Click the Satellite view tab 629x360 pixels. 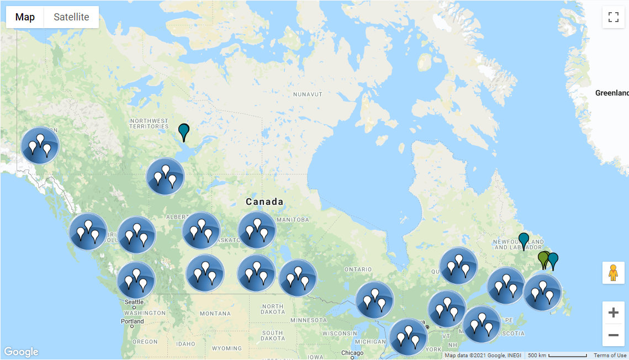[71, 17]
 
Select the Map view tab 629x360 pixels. [25, 17]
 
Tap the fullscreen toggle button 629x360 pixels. [613, 17]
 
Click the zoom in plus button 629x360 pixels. [613, 313]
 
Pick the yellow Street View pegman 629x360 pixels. [613, 273]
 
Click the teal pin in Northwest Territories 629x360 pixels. [184, 131]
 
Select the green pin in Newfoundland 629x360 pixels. [543, 258]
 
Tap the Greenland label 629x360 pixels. [612, 93]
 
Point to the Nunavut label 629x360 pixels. [308, 94]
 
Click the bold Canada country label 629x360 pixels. [265, 202]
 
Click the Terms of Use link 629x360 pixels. [610, 355]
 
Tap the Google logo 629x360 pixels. [21, 352]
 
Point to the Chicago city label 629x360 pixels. [352, 353]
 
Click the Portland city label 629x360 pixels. [133, 321]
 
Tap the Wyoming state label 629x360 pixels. [226, 348]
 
